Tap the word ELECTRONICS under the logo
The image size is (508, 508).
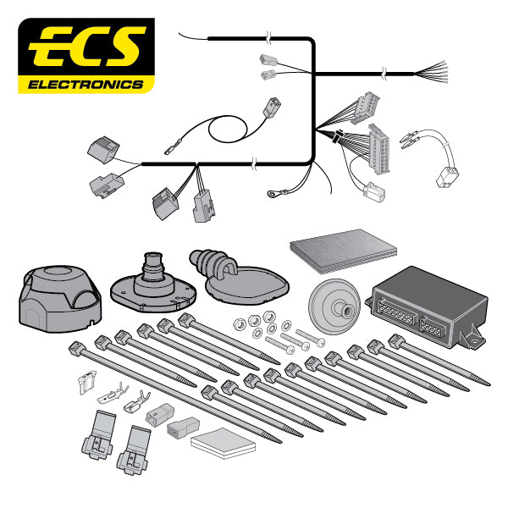86,85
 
